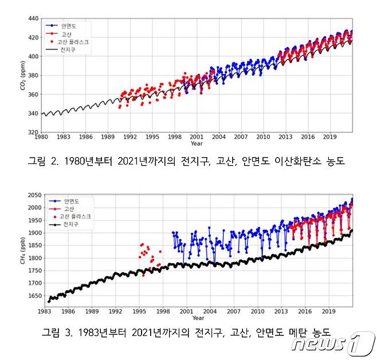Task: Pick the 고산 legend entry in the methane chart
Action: (68, 209)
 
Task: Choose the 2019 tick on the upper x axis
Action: (329, 138)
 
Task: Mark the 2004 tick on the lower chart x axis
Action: (210, 312)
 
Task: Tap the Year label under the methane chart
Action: (198, 318)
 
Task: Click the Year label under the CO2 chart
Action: (197, 144)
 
